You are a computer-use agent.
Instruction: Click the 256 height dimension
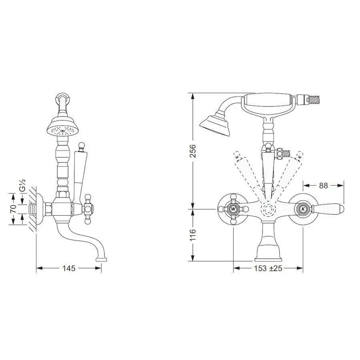pos(193,151)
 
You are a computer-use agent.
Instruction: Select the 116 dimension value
pos(193,235)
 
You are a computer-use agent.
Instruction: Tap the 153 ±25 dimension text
pos(268,268)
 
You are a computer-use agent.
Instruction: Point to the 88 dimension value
pos(323,185)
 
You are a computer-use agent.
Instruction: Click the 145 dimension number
pos(69,268)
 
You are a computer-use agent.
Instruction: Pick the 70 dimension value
pos(14,209)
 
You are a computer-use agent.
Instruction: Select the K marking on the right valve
pos(303,209)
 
